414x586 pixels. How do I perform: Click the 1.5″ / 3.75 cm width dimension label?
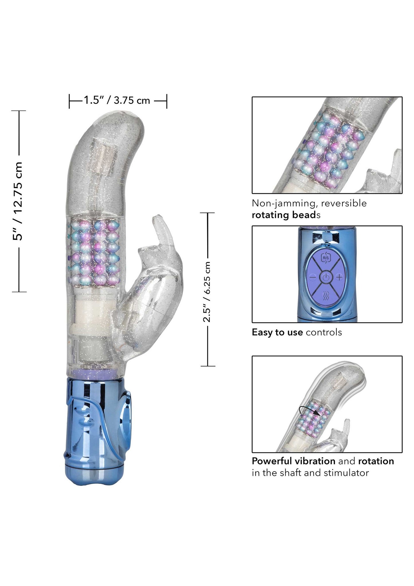point(117,100)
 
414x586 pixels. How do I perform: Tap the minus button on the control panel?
point(313,277)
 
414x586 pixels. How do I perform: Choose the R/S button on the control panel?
point(326,258)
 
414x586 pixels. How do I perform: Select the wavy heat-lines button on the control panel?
point(326,296)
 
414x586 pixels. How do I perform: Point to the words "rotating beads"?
point(286,215)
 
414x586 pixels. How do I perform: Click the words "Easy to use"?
point(277,332)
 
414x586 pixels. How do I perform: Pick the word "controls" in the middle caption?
point(324,332)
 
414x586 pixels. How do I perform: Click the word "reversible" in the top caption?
point(344,203)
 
